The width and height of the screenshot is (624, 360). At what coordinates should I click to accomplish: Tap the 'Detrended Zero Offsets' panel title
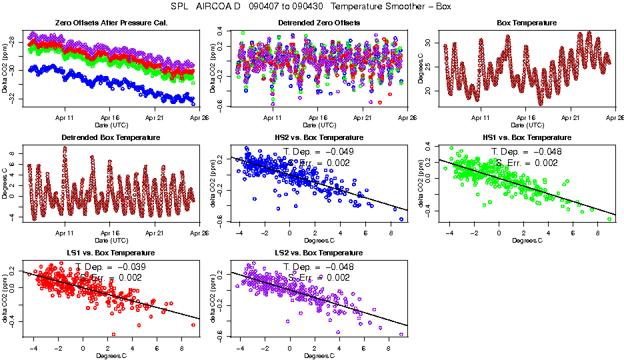(319, 23)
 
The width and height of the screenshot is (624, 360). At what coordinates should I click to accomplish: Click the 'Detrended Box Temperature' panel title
(111, 137)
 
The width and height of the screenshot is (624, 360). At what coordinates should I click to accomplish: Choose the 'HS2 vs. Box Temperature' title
(319, 137)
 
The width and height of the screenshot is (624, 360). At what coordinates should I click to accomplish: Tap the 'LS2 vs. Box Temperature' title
(319, 253)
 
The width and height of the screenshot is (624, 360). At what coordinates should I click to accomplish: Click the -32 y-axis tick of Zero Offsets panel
(14, 99)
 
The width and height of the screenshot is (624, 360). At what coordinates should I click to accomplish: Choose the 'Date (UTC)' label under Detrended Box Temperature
(111, 239)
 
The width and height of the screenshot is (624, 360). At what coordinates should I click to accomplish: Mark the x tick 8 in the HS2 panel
(391, 233)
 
